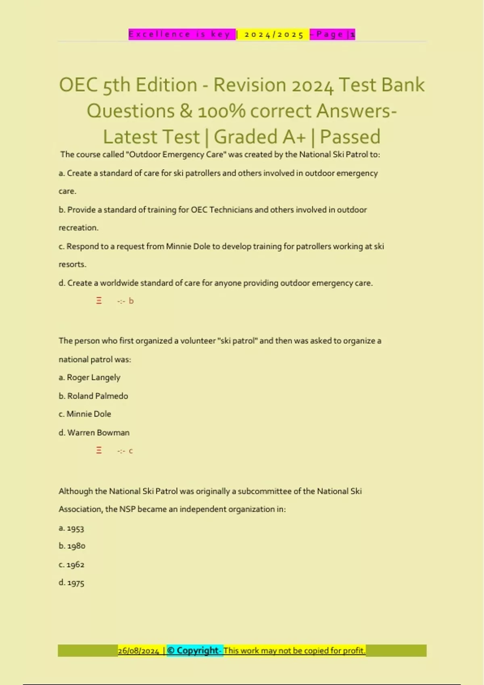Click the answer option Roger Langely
[x=90, y=378]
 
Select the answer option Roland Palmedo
[x=93, y=396]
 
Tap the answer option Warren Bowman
[x=94, y=433]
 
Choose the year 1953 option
[x=71, y=528]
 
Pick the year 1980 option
[x=72, y=546]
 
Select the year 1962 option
[x=71, y=565]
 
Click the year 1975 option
[x=71, y=583]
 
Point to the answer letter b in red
[x=131, y=301]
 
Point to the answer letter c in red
[x=131, y=451]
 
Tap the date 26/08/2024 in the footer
[x=138, y=651]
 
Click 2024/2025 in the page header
[x=274, y=35]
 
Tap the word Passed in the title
[x=350, y=137]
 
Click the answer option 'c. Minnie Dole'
[x=85, y=414]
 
